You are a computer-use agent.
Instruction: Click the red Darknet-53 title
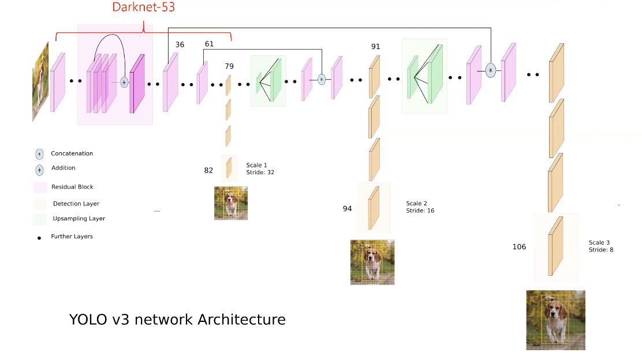point(143,8)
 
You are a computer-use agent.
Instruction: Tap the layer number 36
point(180,44)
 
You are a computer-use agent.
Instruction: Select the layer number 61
point(209,44)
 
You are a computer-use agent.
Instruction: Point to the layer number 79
point(229,66)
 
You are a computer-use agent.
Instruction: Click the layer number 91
point(375,47)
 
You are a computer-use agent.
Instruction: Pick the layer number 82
point(208,170)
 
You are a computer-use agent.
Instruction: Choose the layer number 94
point(347,209)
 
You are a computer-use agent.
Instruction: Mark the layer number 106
point(519,247)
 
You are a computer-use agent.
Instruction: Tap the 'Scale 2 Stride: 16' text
point(420,207)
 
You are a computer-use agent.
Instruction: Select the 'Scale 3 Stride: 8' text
point(601,246)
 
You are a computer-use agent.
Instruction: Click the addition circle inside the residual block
point(124,83)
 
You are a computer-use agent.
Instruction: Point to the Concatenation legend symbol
point(39,154)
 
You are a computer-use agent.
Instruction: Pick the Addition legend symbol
point(39,170)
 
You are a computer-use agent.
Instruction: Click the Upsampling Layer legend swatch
point(40,219)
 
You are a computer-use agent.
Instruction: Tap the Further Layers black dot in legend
point(39,237)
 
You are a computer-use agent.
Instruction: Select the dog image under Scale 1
point(231,202)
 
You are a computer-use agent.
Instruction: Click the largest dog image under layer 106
point(555,320)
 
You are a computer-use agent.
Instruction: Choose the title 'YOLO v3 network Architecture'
point(177,319)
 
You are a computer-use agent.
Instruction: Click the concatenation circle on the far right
point(490,71)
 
